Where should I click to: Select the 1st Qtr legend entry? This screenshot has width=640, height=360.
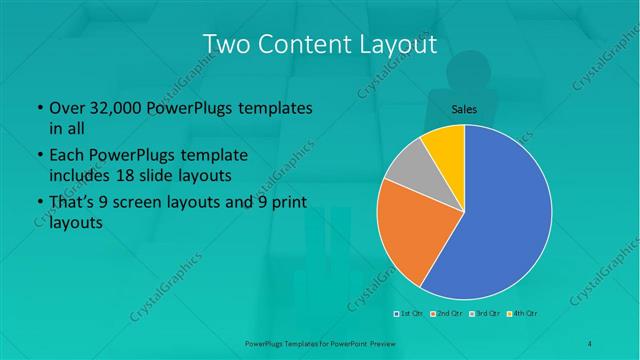coord(409,315)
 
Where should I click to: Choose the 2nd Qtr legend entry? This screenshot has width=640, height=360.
coord(445,315)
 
